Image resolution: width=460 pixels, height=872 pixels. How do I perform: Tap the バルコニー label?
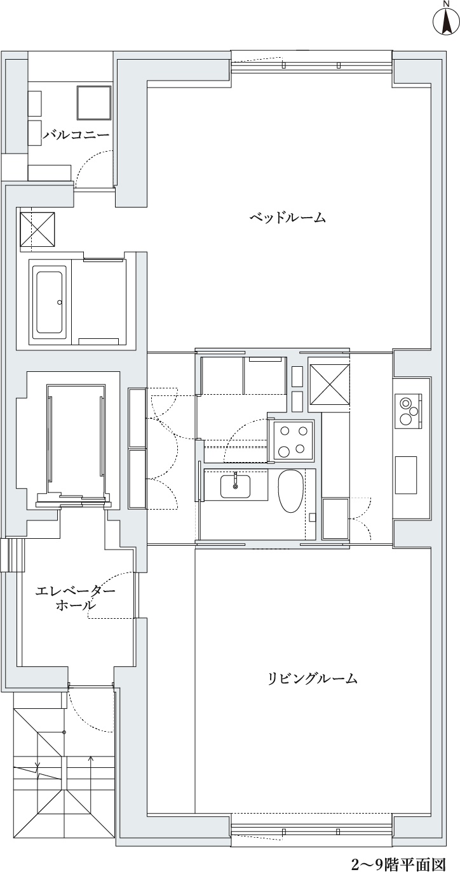coord(76,135)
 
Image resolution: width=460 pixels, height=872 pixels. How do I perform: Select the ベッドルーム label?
coord(288,217)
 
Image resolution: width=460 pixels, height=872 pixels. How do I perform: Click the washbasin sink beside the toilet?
coord(235,486)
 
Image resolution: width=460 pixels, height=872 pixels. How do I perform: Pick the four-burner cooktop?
coord(294,440)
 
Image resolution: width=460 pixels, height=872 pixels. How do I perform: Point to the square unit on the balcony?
coord(94,102)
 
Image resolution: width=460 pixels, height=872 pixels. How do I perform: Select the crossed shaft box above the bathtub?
coord(37,229)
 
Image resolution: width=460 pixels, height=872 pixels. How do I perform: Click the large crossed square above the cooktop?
coord(329,383)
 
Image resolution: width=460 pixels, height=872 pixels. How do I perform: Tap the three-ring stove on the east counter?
coord(408,410)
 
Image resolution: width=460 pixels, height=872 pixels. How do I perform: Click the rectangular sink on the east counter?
coord(406,475)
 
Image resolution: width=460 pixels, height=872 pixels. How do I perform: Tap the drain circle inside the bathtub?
coord(59,302)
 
